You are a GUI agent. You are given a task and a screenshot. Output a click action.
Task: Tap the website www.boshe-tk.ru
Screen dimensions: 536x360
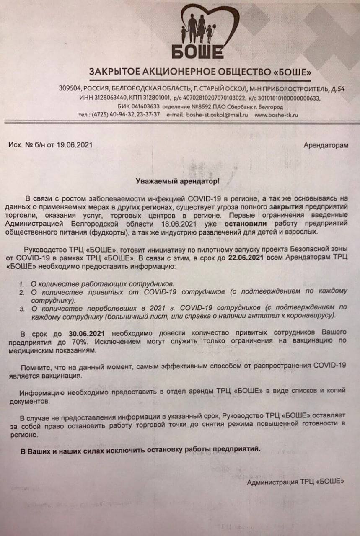pyautogui.click(x=276, y=115)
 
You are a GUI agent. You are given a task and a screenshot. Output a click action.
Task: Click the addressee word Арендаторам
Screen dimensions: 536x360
pyautogui.click(x=325, y=145)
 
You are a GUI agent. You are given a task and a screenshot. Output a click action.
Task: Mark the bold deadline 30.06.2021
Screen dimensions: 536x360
pyautogui.click(x=86, y=333)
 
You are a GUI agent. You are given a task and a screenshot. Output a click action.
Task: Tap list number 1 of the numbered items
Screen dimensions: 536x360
pyautogui.click(x=21, y=284)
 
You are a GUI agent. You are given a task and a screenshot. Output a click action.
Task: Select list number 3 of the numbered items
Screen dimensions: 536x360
pyautogui.click(x=21, y=308)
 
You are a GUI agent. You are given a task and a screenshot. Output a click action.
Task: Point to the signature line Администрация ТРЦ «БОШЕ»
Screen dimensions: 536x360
pyautogui.click(x=295, y=482)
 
